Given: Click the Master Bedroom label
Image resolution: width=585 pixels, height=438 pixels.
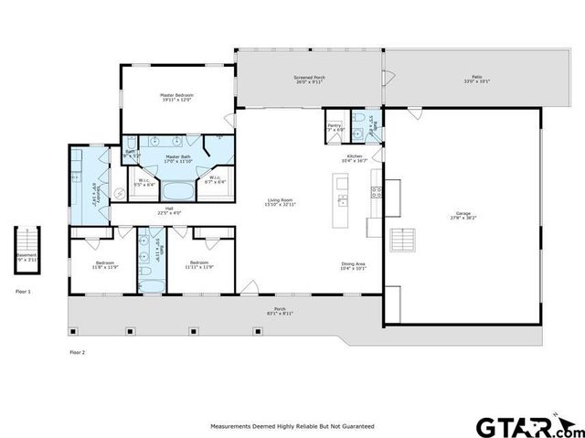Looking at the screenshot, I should pyautogui.click(x=177, y=97).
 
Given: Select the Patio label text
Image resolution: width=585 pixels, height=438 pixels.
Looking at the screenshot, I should pyautogui.click(x=475, y=80).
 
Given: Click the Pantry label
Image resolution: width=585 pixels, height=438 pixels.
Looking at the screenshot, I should pyautogui.click(x=335, y=127).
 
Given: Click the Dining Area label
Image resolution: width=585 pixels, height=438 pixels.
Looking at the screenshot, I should pyautogui.click(x=353, y=266).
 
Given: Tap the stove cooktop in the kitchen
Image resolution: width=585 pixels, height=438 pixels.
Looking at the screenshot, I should pyautogui.click(x=375, y=191).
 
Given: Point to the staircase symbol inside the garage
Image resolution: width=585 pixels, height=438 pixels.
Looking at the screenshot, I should pyautogui.click(x=403, y=240).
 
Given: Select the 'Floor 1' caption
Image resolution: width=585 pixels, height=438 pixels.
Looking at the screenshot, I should pyautogui.click(x=23, y=292).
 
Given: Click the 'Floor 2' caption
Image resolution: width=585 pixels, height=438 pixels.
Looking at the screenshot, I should pyautogui.click(x=77, y=351).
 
